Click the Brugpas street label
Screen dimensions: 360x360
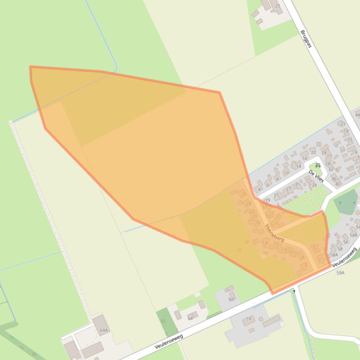click(306, 39)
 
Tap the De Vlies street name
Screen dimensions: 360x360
click(316, 176)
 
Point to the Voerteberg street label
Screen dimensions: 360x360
click(274, 232)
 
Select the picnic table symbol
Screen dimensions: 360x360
click(318, 165)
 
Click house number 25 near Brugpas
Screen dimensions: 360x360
click(278, 6)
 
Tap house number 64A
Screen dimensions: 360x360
click(103, 330)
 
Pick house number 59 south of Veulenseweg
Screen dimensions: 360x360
click(249, 319)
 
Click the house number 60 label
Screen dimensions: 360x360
click(231, 299)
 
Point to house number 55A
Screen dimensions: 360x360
click(340, 273)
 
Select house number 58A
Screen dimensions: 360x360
click(334, 255)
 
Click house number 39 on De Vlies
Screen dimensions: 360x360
click(314, 185)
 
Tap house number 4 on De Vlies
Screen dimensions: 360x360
click(259, 189)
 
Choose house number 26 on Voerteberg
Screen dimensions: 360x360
click(244, 194)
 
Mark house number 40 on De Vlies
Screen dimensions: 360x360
click(338, 184)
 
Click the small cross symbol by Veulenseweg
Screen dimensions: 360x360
click(294, 291)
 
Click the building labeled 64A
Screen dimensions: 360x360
click(100, 324)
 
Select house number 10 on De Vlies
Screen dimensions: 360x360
click(286, 173)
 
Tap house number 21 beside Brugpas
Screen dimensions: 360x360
click(343, 124)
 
